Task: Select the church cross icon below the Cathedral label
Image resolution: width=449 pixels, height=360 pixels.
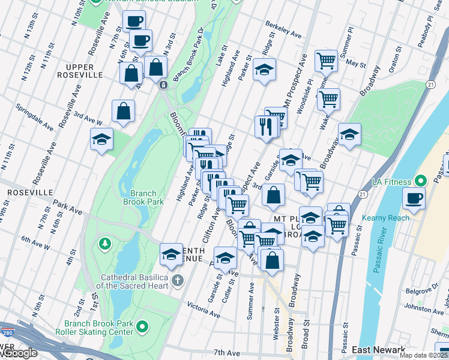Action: coord(177,280)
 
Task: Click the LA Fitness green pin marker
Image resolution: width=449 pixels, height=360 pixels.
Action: coord(420,181)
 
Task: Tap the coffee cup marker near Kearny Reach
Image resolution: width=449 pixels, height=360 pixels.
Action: coord(414,199)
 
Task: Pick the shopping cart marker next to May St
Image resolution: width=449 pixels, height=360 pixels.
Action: coord(327,60)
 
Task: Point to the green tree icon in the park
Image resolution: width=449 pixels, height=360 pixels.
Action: coord(106,244)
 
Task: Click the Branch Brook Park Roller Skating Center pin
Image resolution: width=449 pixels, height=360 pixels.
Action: coord(142,327)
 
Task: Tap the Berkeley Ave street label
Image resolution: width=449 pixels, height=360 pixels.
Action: coord(283,28)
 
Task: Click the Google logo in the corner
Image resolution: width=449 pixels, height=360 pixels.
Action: coord(19,353)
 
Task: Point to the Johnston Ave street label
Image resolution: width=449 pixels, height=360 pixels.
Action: coord(424,308)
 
